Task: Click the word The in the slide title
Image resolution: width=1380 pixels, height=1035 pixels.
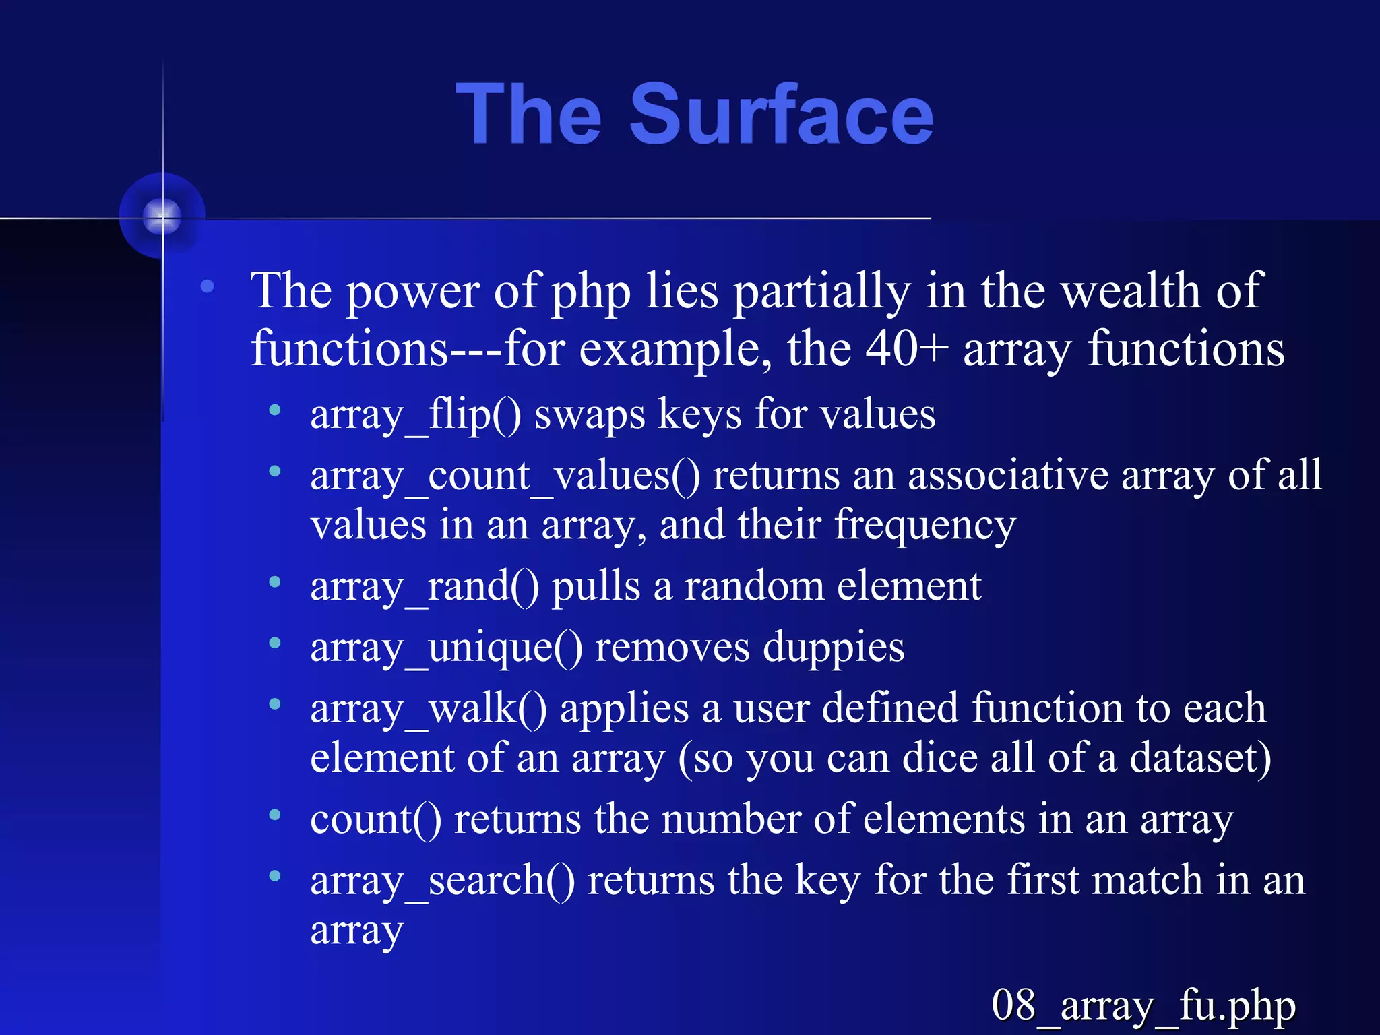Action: pos(528,115)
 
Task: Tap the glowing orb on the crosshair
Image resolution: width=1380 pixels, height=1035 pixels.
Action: pos(162,216)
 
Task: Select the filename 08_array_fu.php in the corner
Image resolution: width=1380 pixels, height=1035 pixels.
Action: pos(1143,1005)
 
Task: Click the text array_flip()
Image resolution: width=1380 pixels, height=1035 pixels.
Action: pos(415,414)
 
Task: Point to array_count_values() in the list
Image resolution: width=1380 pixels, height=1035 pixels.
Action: pos(505,476)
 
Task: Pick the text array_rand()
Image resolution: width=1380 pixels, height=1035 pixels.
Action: pos(425,586)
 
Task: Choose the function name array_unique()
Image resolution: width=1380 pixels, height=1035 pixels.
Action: pos(446,648)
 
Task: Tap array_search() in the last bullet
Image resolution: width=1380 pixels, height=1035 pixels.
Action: pos(443,881)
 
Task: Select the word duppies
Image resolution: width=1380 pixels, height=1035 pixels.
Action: pos(834,648)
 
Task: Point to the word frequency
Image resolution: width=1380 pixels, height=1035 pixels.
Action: pos(924,526)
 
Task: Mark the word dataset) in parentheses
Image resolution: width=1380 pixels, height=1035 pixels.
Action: pos(1200,758)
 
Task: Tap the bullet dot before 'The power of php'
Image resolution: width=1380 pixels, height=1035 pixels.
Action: pos(207,286)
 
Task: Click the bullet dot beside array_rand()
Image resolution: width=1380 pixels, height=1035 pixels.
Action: pos(274,582)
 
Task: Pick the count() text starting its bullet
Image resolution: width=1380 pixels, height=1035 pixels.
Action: pos(375,820)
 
